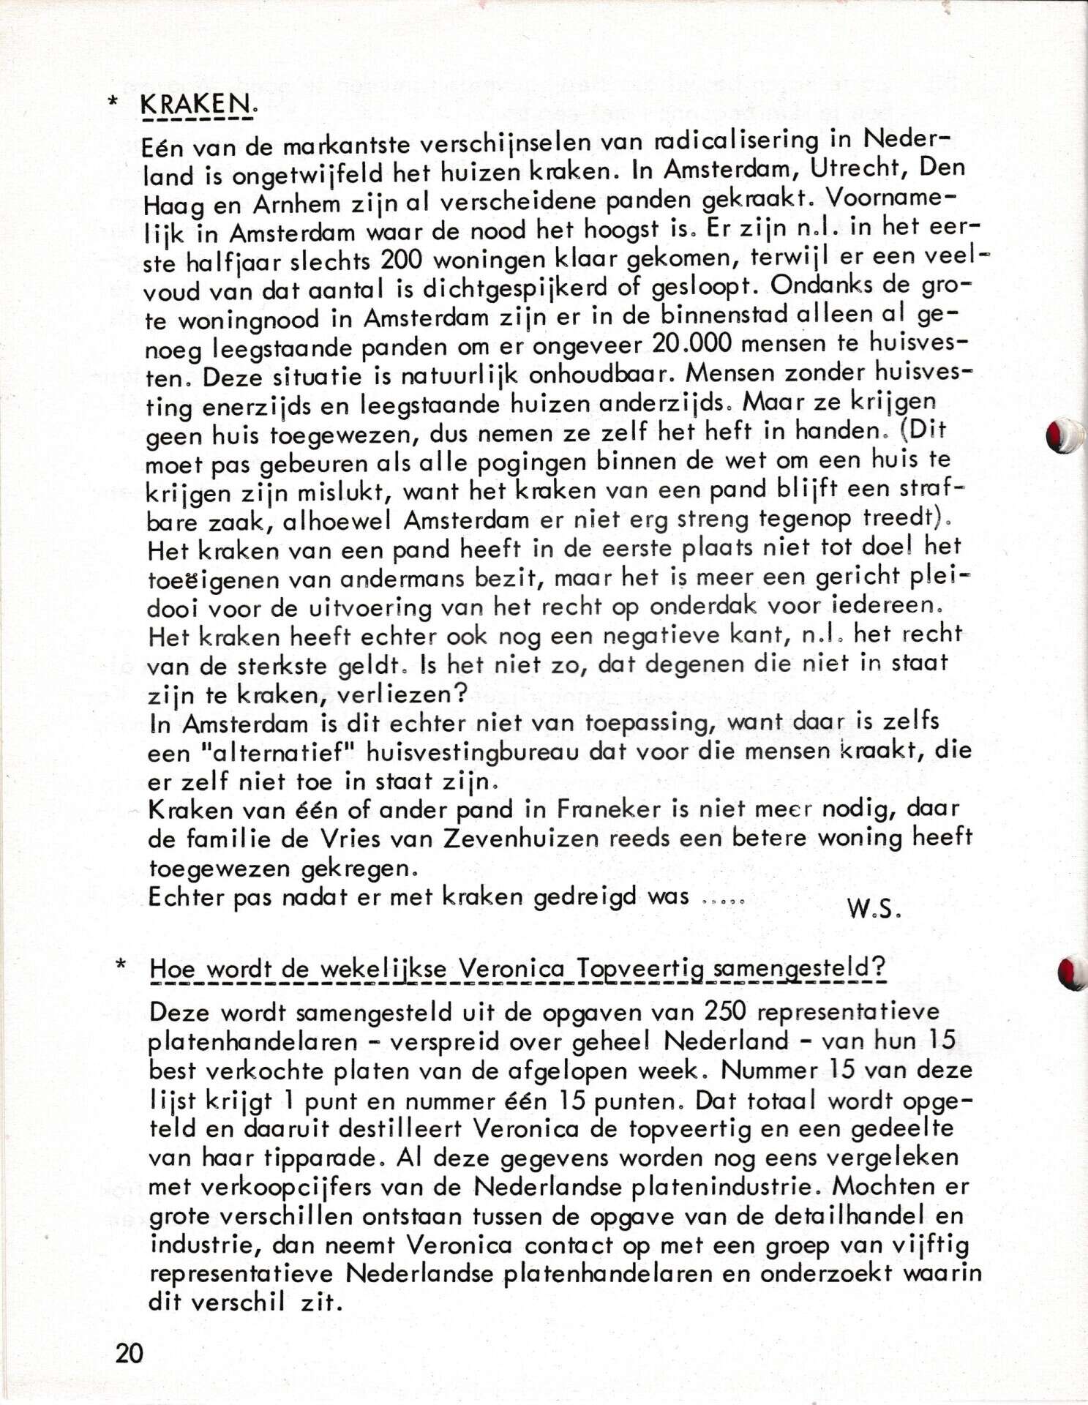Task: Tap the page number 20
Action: tap(129, 1353)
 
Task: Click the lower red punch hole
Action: tap(1071, 973)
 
